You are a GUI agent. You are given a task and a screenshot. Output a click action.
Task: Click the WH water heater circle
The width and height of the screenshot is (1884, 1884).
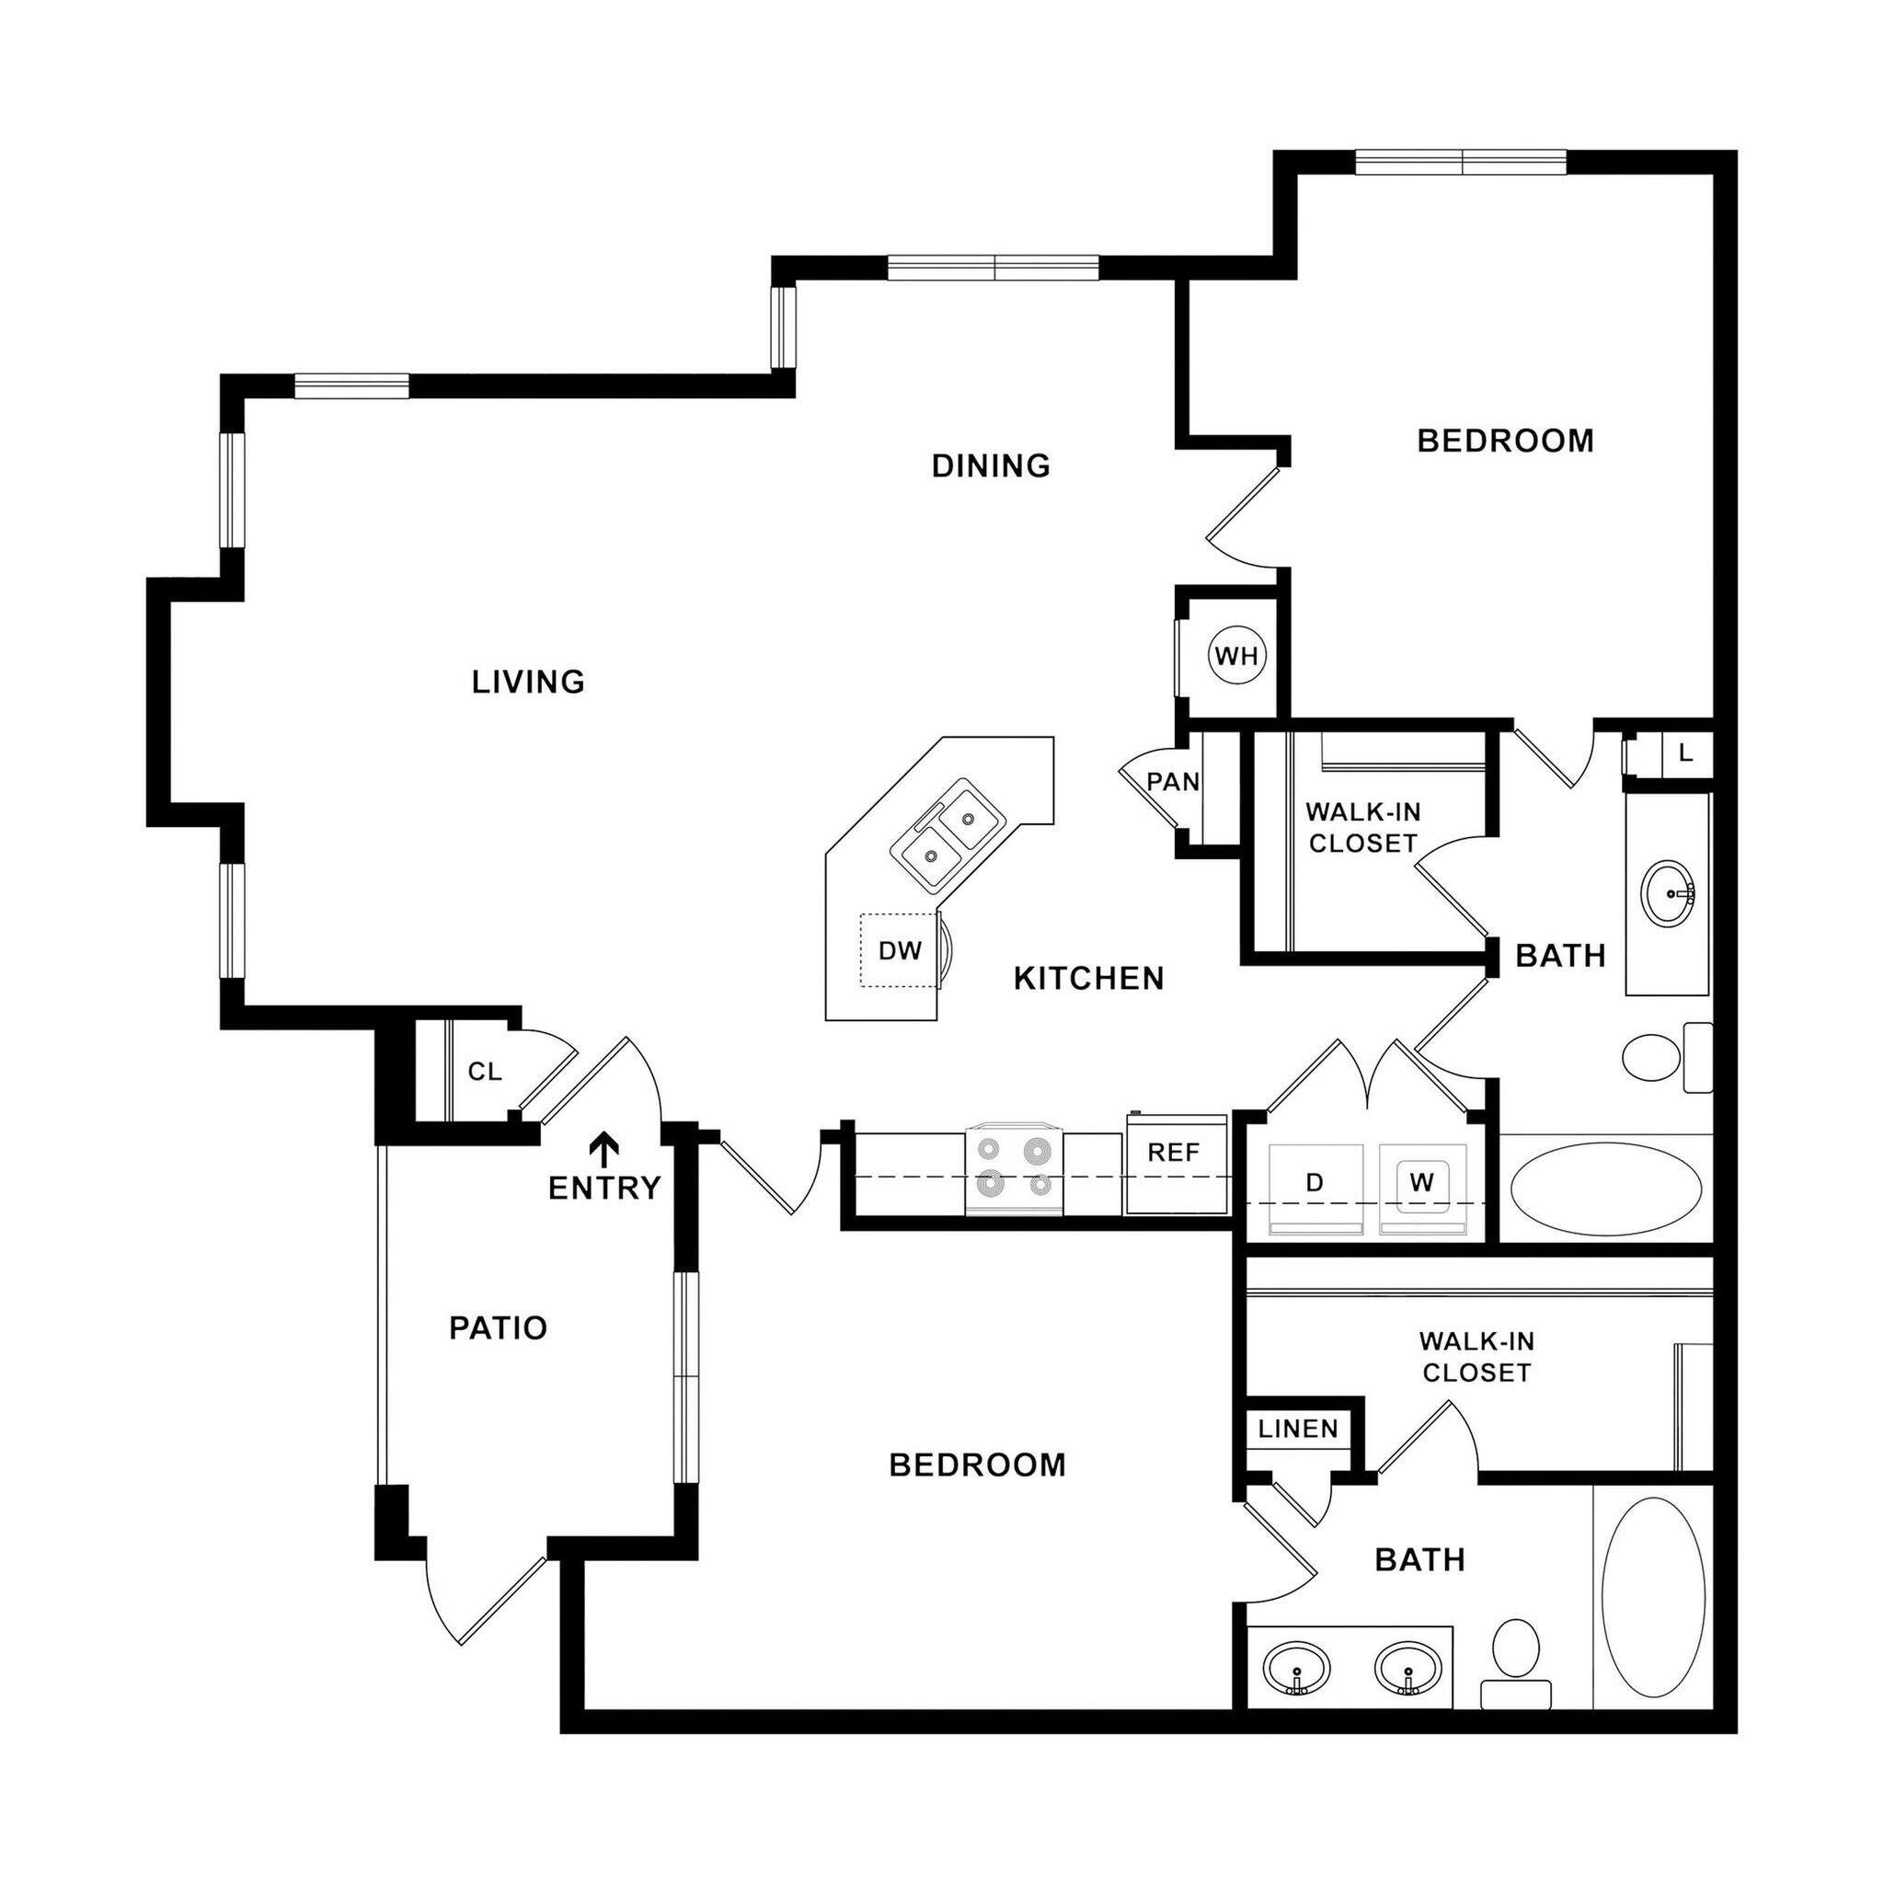(x=1236, y=656)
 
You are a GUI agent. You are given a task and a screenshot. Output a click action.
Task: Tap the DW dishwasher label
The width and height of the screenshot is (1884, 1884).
(x=899, y=951)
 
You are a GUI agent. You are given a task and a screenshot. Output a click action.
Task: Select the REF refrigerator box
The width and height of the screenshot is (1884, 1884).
(x=1175, y=1164)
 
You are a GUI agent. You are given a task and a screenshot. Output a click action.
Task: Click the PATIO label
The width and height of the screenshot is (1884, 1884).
(x=499, y=1328)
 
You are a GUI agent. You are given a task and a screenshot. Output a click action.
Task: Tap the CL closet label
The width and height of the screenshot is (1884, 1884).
(x=485, y=1072)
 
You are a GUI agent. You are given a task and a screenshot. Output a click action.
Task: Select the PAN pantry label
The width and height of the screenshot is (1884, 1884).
(x=1172, y=782)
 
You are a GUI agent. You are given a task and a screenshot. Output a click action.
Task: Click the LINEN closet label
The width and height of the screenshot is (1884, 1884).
(x=1298, y=1430)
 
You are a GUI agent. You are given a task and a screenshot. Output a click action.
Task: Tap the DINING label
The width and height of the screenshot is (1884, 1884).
(x=991, y=466)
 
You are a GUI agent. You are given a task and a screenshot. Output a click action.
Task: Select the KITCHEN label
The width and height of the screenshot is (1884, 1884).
(x=1089, y=978)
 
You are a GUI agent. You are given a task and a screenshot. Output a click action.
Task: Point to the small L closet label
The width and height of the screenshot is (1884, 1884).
(x=1686, y=753)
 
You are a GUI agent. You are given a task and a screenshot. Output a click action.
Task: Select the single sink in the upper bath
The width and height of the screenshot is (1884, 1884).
(x=1669, y=891)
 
